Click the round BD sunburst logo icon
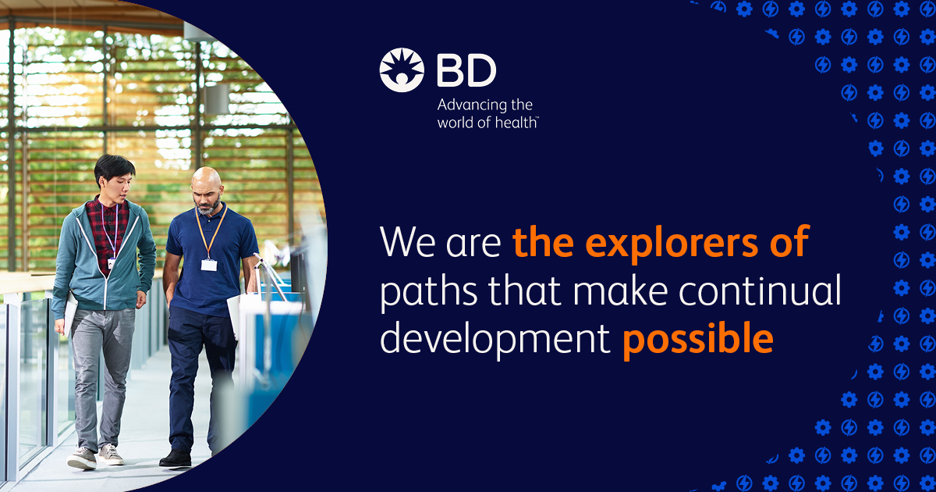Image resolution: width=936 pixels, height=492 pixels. tap(402, 70)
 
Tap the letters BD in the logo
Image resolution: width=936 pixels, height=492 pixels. tap(466, 71)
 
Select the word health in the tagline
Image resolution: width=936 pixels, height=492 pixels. tap(516, 123)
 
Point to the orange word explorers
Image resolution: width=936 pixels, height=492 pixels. tap(672, 243)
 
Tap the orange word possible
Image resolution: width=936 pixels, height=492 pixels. tap(698, 339)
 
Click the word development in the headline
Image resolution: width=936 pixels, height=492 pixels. tap(495, 339)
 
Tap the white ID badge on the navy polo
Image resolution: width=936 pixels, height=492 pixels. tap(209, 265)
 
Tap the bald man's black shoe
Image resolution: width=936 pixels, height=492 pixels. tap(175, 458)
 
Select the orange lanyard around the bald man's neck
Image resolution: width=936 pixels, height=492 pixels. tap(211, 231)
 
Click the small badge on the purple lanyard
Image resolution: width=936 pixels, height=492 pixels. tap(112, 263)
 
